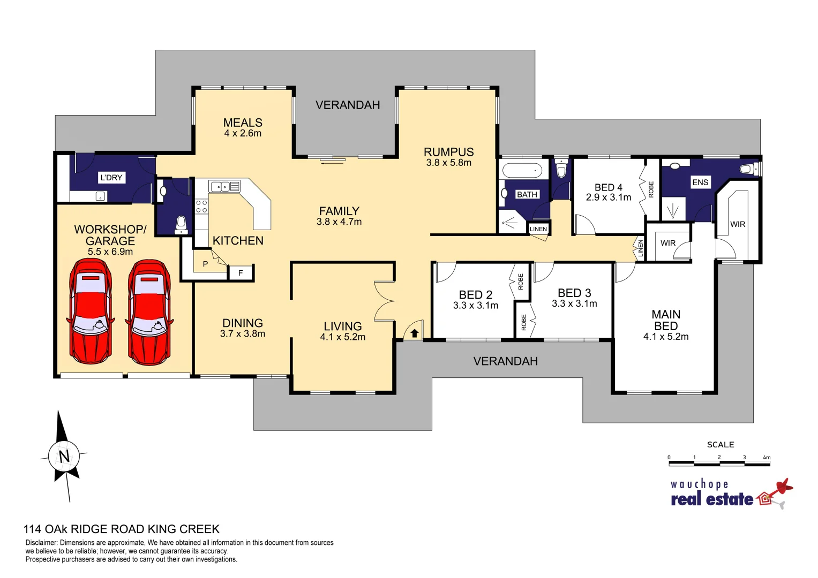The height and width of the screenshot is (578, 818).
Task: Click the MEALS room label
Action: point(243,123)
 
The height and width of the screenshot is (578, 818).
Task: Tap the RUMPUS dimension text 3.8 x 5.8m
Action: point(448,163)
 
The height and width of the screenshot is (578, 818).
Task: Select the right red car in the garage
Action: point(149,313)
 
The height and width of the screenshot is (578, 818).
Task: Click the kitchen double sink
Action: point(224,186)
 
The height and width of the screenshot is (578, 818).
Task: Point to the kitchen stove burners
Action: point(201,207)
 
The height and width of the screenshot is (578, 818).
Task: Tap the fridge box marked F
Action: point(241,273)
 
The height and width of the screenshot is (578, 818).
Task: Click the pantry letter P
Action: point(205,264)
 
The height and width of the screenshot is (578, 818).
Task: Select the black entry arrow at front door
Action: point(415,333)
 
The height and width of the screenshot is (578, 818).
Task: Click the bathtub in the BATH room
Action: point(522,171)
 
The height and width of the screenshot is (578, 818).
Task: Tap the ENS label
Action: point(700,182)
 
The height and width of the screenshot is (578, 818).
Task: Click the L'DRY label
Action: point(111,178)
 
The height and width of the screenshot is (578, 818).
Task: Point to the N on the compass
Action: point(64,457)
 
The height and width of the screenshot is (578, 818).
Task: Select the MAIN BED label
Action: point(666,320)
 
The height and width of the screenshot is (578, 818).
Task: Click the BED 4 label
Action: point(609,187)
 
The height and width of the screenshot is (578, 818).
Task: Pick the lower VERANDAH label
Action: point(505,361)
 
